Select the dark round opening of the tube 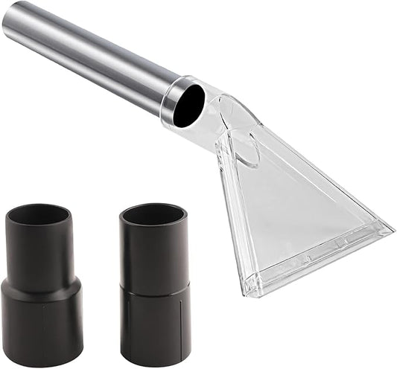188,104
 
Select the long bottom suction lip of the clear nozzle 320,260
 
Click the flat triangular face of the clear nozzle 298,208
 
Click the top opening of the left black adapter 38,215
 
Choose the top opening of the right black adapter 153,214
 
